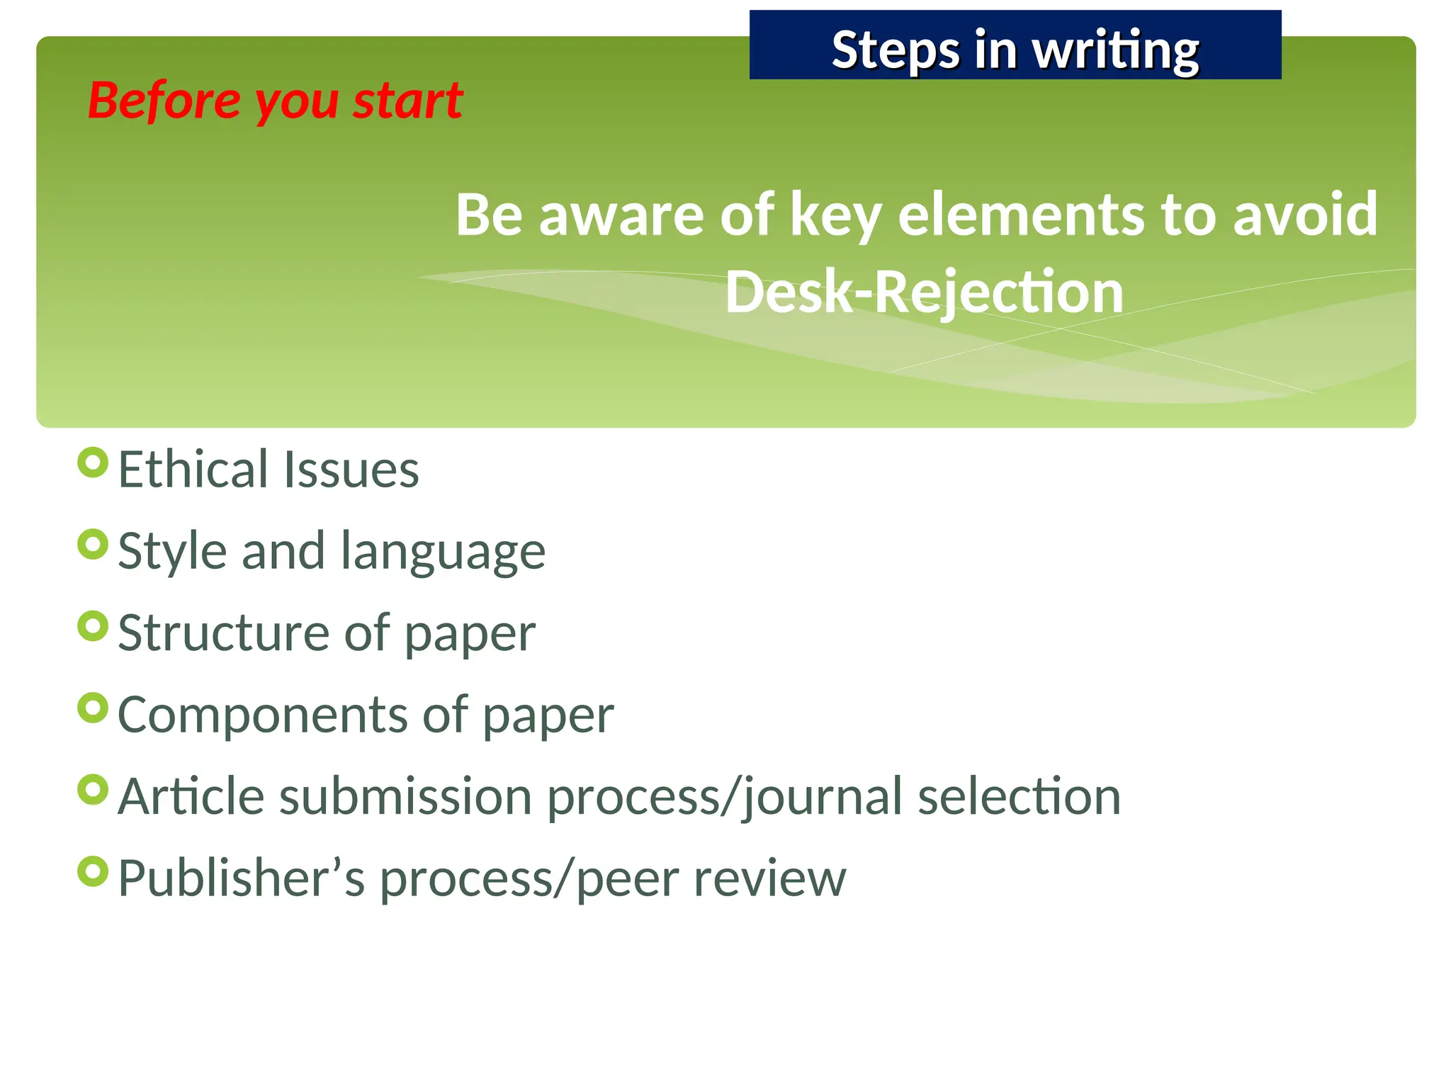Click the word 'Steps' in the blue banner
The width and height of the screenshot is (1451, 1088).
895,50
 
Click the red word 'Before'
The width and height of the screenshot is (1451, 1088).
164,101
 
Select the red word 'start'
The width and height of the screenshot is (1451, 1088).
408,101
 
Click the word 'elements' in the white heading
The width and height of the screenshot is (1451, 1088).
1020,215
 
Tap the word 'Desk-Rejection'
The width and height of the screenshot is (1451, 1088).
924,292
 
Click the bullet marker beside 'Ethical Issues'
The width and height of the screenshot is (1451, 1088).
93,463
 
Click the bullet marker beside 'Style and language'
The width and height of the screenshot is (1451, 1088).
93,545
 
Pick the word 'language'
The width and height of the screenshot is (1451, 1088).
443,552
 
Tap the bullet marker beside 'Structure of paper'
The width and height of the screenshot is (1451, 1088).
93,626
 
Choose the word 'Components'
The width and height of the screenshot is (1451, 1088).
261,715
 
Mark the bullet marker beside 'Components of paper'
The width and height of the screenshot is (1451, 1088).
93,708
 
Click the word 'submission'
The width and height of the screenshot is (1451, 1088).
405,796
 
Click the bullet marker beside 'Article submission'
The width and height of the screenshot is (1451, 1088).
93,790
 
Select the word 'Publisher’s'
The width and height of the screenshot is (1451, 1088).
241,878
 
